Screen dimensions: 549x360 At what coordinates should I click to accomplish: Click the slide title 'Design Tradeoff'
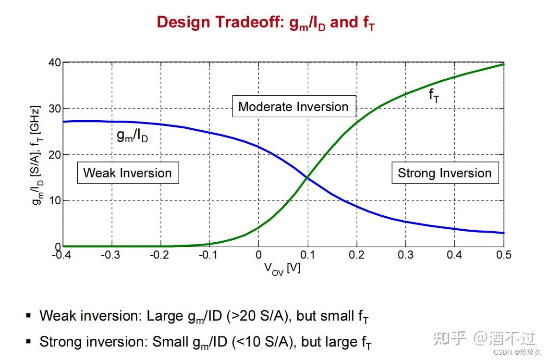click(x=220, y=22)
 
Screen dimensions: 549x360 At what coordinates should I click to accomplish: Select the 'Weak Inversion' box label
click(x=128, y=173)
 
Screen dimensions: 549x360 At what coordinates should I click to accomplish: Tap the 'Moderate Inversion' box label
click(x=294, y=106)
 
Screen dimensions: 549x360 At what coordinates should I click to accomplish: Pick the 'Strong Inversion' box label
click(x=445, y=173)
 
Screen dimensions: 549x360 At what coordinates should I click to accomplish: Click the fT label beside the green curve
click(x=434, y=95)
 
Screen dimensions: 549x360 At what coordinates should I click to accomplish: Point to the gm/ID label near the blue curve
click(x=133, y=136)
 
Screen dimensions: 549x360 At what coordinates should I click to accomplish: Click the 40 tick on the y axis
click(x=55, y=63)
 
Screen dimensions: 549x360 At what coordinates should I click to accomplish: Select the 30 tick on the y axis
click(x=55, y=109)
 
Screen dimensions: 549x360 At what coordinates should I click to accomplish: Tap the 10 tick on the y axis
click(x=55, y=200)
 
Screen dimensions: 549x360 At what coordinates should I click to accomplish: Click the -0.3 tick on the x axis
click(x=110, y=255)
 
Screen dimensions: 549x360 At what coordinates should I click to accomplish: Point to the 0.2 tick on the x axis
click(x=356, y=255)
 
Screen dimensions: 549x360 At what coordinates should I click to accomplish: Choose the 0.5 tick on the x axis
click(x=503, y=255)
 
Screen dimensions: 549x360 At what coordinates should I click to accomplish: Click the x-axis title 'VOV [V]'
click(x=282, y=269)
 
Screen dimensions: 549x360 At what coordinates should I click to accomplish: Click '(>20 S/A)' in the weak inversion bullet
click(x=258, y=316)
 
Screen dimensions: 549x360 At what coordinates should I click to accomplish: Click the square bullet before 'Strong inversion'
click(x=29, y=341)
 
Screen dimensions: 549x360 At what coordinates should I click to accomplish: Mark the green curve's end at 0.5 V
click(x=503, y=64)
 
